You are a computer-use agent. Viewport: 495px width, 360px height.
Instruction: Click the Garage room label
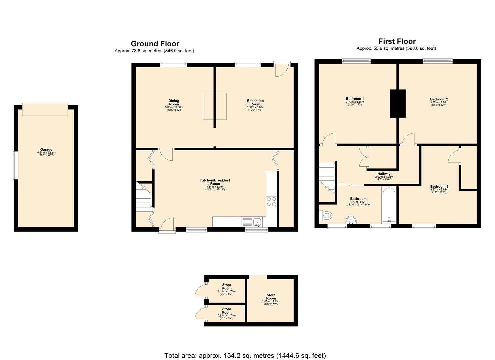click(46, 150)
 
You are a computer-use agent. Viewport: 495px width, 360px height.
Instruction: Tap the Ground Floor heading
click(155, 44)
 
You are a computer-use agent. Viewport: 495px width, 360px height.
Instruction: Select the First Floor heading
click(397, 41)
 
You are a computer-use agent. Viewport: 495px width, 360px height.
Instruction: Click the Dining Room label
click(174, 102)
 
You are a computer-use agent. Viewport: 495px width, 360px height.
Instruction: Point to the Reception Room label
click(255, 102)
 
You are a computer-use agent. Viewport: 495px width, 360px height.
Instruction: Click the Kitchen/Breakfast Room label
click(215, 182)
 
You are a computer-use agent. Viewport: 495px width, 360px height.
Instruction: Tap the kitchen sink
click(257, 221)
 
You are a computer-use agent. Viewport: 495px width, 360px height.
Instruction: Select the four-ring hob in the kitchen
click(271, 202)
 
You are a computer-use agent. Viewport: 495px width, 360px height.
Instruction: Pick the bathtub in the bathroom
click(389, 205)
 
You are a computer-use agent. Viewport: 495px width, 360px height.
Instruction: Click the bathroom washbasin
click(351, 220)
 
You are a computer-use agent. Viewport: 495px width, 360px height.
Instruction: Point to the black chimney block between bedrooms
click(398, 103)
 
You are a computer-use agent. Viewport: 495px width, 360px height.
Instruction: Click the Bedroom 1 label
click(355, 99)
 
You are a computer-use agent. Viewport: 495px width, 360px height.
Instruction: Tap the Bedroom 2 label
click(439, 99)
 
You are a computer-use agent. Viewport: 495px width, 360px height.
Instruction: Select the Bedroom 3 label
click(439, 187)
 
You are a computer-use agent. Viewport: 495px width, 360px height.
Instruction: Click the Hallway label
click(384, 174)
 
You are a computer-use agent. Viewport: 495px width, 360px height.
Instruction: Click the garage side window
click(15, 165)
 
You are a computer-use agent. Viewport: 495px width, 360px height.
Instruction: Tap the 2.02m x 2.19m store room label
click(271, 297)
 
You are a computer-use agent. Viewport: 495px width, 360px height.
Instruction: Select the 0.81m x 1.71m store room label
click(226, 311)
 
